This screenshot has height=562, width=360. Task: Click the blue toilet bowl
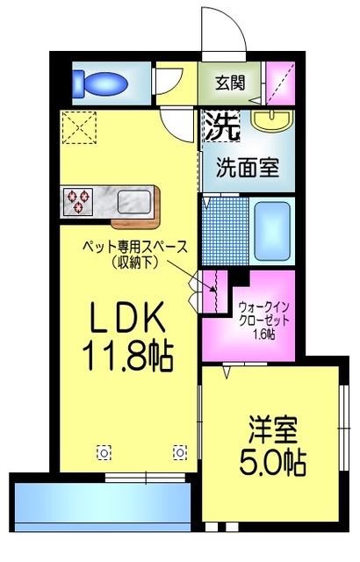(100, 84)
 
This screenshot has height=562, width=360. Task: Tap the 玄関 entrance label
(230, 83)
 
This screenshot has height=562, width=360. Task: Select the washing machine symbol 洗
(222, 126)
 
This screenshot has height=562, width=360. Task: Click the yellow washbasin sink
(272, 120)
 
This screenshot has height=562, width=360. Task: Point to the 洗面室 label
(248, 167)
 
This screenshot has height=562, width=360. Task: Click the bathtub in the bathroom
(272, 231)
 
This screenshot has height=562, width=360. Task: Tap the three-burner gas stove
(78, 201)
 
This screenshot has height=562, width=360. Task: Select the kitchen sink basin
(134, 201)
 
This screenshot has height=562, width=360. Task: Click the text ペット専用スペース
(135, 247)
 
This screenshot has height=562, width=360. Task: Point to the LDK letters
(127, 318)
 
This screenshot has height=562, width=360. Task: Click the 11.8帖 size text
(128, 356)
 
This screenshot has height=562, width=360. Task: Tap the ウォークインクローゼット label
(263, 313)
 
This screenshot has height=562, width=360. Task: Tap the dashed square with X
(79, 127)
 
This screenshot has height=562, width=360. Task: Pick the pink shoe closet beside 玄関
(281, 83)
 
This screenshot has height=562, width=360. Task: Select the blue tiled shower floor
(226, 231)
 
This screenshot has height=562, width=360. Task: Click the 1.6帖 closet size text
(263, 335)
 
